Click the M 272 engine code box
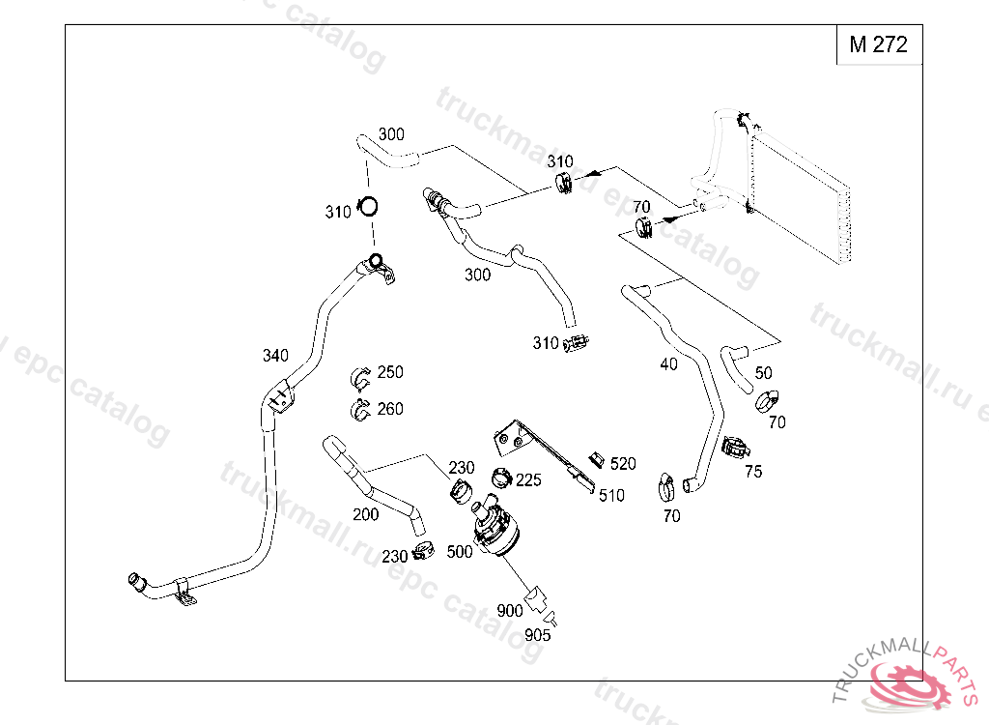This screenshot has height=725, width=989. point(878,44)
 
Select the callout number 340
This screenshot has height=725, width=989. point(275,356)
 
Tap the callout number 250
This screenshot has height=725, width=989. point(390,372)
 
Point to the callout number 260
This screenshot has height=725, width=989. point(390,409)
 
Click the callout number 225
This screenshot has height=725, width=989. point(528,480)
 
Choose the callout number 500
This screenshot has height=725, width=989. point(461,552)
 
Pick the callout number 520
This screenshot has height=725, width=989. point(623,464)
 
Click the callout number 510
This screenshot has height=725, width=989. point(611,496)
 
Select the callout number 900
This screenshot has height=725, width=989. point(509,611)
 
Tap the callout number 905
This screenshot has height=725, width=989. point(538,635)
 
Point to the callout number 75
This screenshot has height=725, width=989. point(753,472)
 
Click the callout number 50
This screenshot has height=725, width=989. point(763,373)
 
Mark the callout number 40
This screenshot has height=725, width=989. point(668,364)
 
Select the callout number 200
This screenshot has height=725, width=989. point(366,514)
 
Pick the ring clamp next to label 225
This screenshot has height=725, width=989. point(502,477)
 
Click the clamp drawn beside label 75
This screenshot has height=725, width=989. point(735,448)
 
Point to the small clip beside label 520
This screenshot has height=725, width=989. point(597,458)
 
